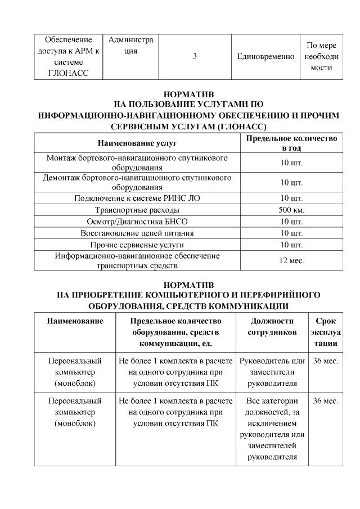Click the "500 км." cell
pos(291,210)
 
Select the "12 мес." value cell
pos(291,261)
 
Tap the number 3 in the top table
pos(195,57)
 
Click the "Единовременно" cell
pos(266,57)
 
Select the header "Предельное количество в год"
pos(291,143)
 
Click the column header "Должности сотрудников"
pos(272,326)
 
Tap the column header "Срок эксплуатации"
pos(326,332)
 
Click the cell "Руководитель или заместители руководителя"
pos(272,372)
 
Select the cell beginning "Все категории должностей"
pos(272,428)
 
